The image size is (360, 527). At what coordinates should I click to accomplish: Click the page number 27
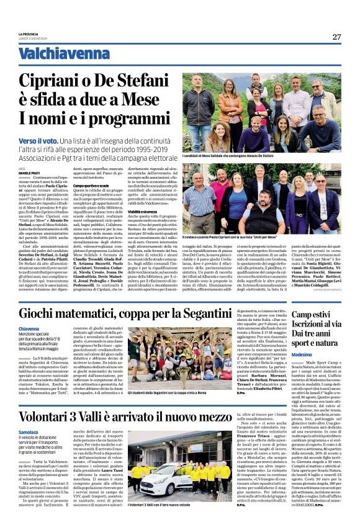[336, 37]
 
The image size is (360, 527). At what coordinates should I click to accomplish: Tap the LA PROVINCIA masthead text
[29, 34]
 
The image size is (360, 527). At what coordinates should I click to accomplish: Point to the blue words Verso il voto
[38, 142]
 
